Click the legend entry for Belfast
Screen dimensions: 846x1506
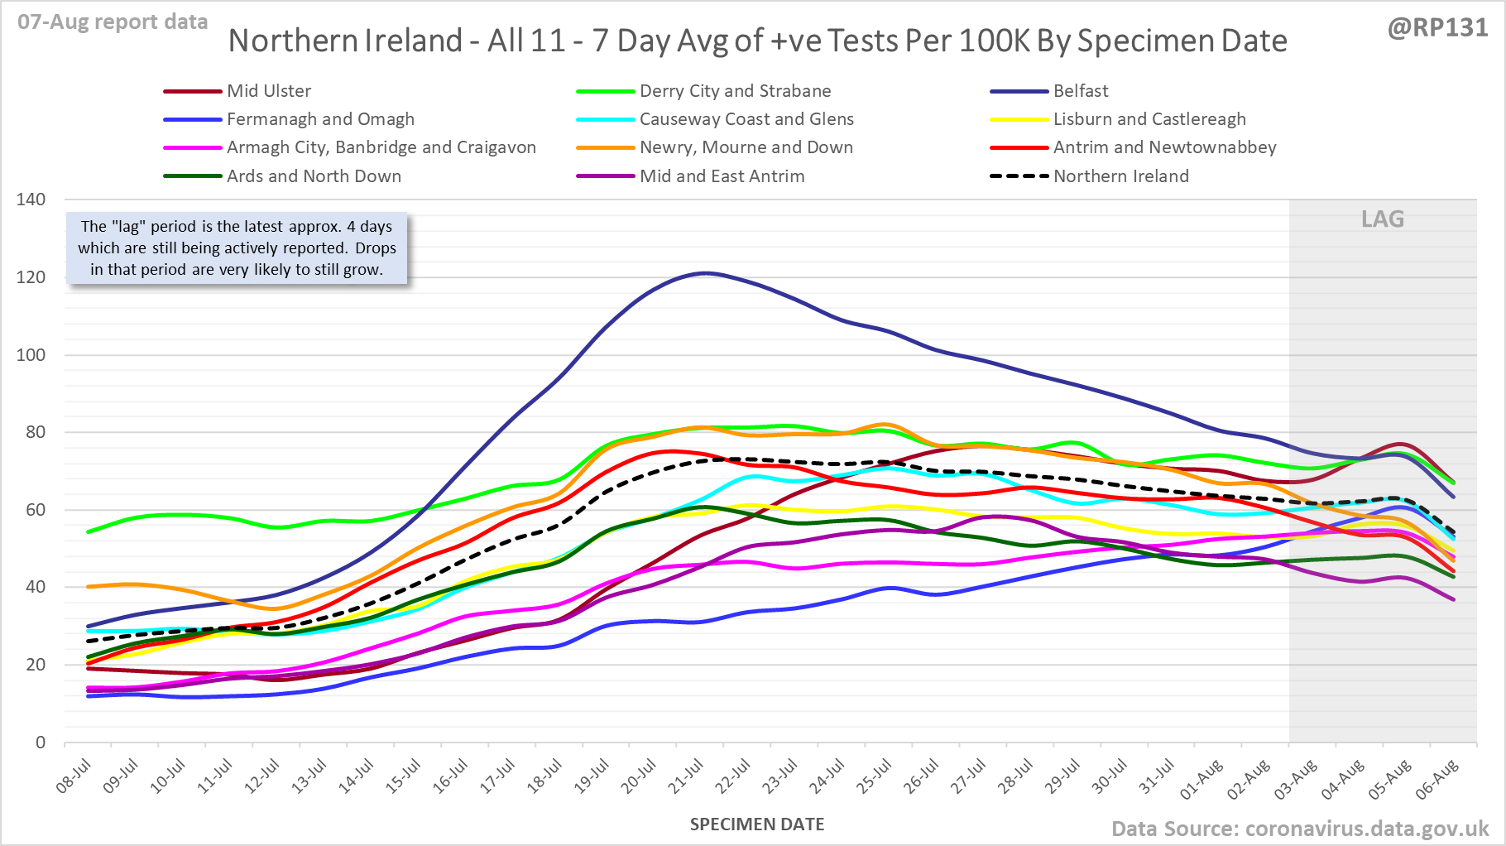pos(1080,91)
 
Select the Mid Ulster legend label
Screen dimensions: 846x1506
pos(269,91)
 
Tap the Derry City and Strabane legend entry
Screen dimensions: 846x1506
pos(735,91)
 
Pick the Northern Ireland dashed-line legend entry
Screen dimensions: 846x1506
pos(1120,176)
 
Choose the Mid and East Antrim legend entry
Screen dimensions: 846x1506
pos(722,176)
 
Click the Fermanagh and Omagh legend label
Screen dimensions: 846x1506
pos(320,119)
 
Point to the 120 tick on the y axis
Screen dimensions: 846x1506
pos(31,277)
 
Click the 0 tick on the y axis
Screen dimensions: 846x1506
pos(40,743)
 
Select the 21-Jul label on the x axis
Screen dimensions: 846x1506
pos(685,777)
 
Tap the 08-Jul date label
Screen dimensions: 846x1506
pos(73,777)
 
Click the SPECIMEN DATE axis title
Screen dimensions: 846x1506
pos(757,824)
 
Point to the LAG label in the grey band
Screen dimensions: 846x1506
pos(1383,219)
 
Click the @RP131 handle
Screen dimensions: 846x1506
pos(1437,28)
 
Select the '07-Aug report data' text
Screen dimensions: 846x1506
pos(113,22)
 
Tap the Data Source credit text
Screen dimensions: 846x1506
pos(1299,829)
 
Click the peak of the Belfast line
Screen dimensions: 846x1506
pos(704,273)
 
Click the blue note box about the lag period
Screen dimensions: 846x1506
pos(237,248)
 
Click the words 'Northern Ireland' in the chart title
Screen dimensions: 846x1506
pos(345,41)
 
